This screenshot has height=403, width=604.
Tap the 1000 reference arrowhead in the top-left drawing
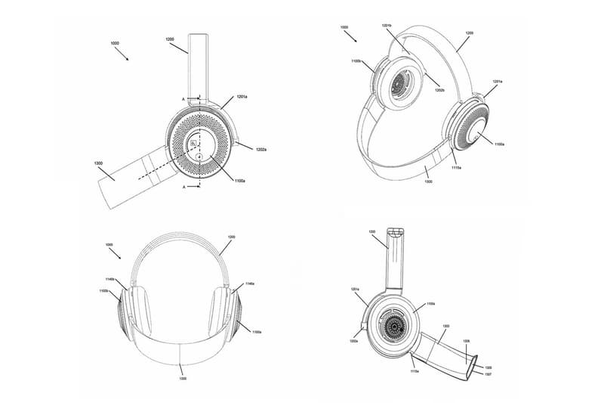127,59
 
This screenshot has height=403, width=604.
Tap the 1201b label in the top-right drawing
387,26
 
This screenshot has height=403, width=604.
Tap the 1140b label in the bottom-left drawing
111,280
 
